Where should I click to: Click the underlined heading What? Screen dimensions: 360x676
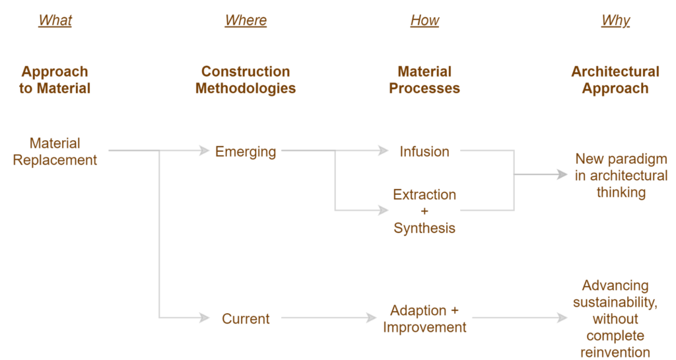coord(55,20)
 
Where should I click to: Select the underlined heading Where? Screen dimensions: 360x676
coord(246,20)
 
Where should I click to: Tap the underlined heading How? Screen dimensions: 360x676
coord(424,20)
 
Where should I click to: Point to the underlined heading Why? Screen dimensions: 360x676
coord(615,20)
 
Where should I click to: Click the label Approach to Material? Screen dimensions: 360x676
coord(54,80)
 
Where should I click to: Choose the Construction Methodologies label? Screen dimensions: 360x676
coord(246,80)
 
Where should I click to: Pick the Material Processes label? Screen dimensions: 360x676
coord(424,80)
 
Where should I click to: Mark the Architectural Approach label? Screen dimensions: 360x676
coord(615,80)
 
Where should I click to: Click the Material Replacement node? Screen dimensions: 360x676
coord(55,151)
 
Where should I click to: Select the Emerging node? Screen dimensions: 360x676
coord(246,151)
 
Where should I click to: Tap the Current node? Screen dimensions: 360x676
coord(246,318)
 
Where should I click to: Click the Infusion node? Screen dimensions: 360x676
coord(424,151)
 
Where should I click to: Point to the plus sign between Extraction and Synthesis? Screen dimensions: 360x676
coord(424,211)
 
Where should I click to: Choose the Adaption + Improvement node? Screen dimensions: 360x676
coord(424,318)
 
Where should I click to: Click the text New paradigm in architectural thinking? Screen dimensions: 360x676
coord(621,176)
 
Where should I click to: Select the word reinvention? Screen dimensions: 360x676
coord(615,353)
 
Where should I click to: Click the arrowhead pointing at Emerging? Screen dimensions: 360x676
coord(205,151)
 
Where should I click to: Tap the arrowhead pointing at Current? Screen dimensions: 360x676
coord(205,318)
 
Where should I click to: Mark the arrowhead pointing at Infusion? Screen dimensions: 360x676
coord(384,151)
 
